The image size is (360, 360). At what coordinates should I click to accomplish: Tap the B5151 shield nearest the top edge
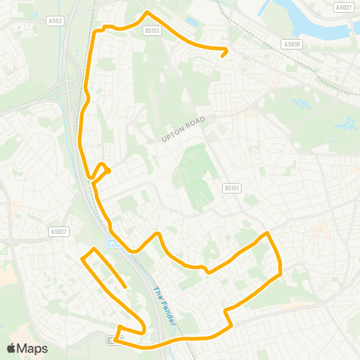(152, 31)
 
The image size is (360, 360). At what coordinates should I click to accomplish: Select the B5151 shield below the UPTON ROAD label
(231, 189)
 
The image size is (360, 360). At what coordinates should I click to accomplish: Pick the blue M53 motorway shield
(112, 242)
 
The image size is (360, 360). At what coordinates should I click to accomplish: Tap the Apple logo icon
(12, 348)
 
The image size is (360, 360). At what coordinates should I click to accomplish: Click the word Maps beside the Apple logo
(33, 348)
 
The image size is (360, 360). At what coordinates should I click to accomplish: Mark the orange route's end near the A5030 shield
(223, 55)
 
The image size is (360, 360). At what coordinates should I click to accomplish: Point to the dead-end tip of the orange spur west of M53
(124, 286)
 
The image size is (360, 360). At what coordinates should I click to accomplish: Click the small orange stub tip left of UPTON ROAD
(109, 171)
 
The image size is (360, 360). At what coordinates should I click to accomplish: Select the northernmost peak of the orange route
(147, 12)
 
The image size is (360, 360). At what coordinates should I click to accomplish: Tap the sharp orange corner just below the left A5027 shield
(92, 248)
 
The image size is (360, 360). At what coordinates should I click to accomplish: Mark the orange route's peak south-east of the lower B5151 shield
(266, 234)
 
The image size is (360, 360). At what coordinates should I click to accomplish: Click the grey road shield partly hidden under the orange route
(112, 340)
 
